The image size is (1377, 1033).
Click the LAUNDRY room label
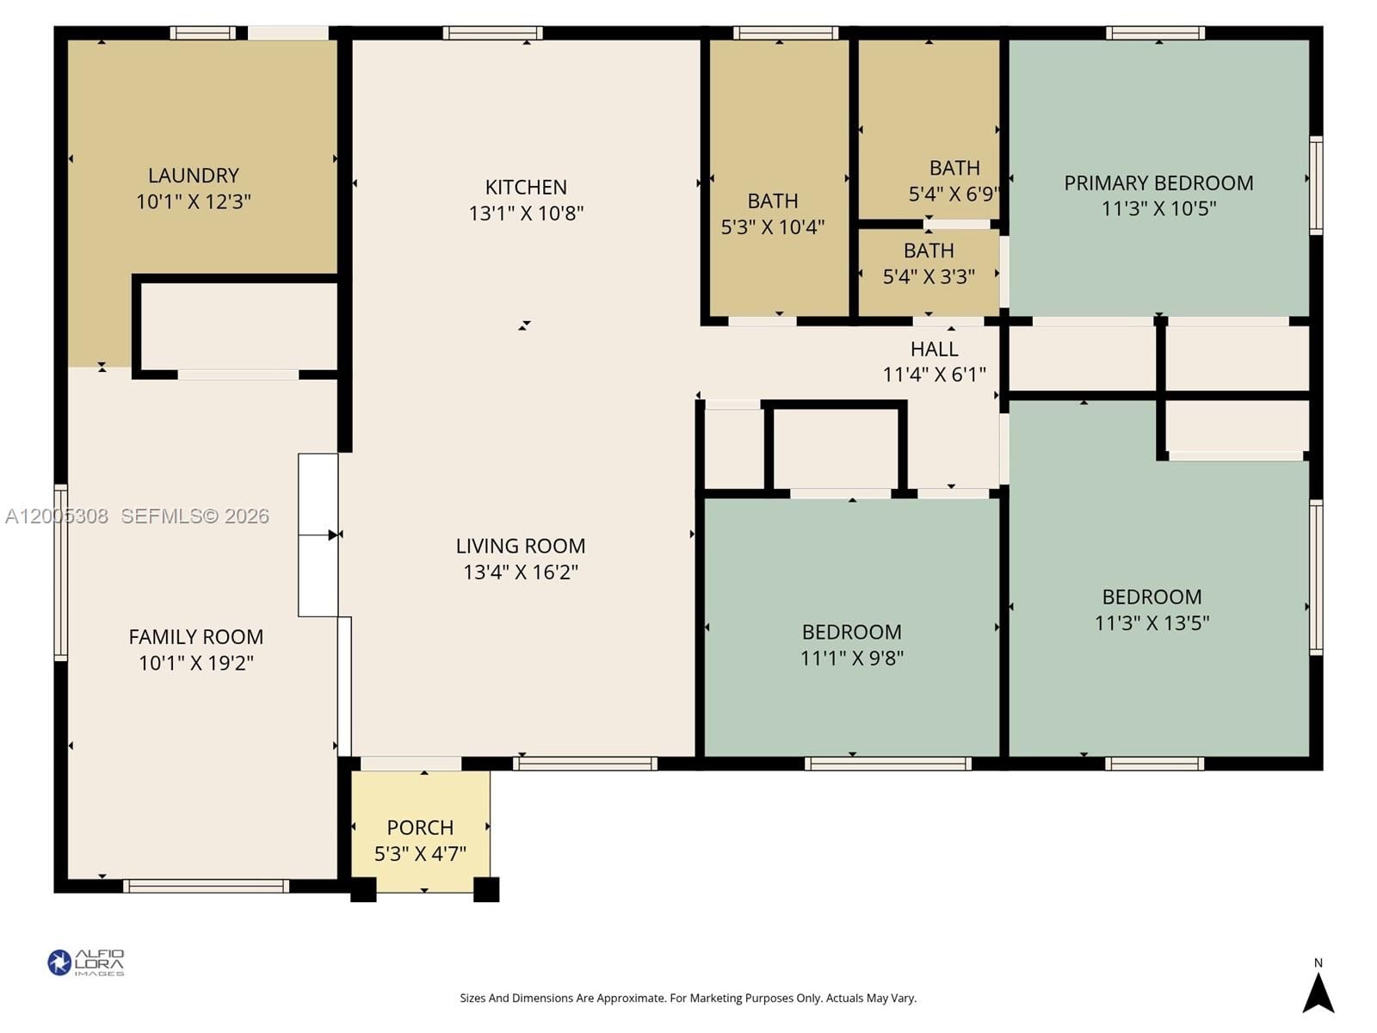click(193, 176)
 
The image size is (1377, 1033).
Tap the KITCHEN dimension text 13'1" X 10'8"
click(526, 213)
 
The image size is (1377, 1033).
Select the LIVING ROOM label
click(520, 546)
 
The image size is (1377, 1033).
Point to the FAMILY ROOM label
click(195, 637)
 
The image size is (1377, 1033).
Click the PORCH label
click(420, 827)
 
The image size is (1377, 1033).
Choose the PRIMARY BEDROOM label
click(1158, 182)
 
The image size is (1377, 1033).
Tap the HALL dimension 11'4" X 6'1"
click(934, 374)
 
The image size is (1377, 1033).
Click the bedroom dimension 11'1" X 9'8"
click(851, 658)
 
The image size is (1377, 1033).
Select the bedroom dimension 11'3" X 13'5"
click(1152, 622)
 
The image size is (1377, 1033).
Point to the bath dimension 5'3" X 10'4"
click(772, 226)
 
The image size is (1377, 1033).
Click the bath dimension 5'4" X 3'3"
click(929, 276)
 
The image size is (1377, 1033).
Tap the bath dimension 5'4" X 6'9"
click(953, 194)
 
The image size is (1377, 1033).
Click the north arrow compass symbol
click(1318, 992)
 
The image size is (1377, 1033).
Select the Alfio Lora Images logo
click(86, 962)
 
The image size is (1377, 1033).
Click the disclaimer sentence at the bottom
click(688, 999)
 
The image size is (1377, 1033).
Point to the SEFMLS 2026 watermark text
click(195, 516)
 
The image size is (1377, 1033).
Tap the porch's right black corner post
click(486, 889)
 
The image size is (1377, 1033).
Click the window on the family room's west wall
click(61, 572)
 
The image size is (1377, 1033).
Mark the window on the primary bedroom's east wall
click(1315, 185)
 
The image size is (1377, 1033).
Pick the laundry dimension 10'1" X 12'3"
click(193, 201)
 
